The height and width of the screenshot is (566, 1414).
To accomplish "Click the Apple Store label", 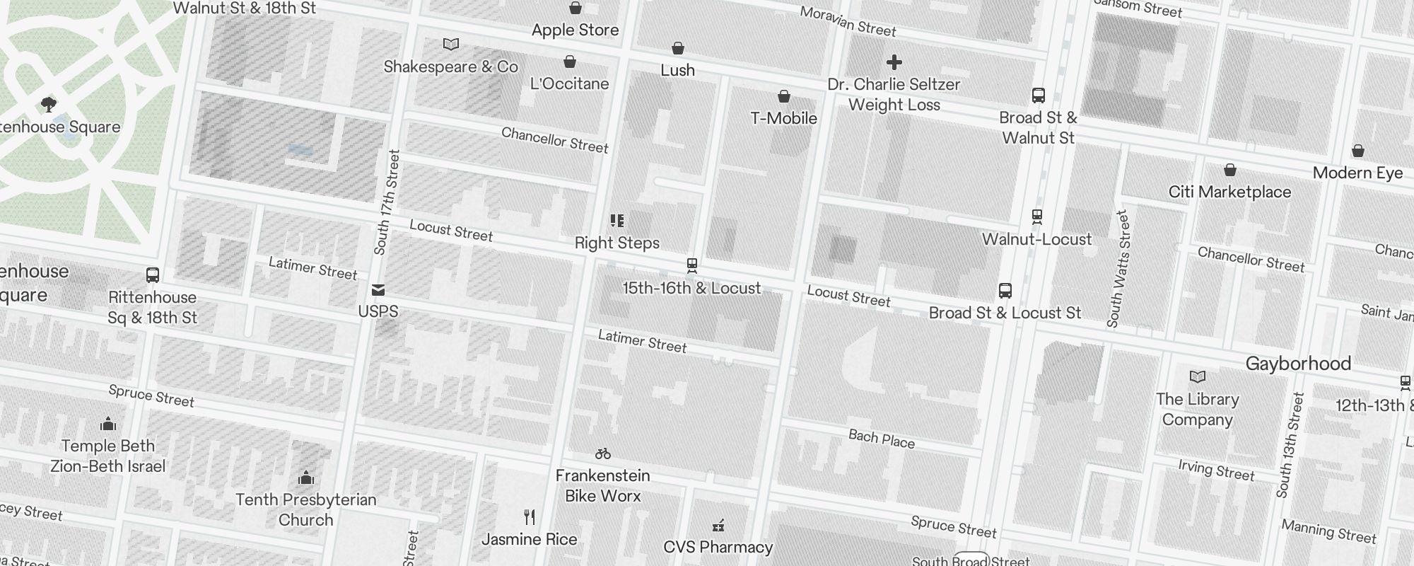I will (x=575, y=30).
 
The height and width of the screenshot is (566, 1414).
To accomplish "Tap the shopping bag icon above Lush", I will (x=677, y=48).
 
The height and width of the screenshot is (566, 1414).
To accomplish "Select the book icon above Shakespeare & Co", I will (x=450, y=45).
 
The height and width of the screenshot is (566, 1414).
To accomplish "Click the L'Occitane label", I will (x=569, y=83).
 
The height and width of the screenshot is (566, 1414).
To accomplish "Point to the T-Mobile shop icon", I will (x=783, y=96).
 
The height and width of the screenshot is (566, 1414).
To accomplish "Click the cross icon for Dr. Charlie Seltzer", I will (x=894, y=62).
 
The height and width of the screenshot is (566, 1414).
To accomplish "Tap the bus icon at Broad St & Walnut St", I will (x=1038, y=96).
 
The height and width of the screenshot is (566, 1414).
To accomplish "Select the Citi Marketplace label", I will (x=1229, y=192).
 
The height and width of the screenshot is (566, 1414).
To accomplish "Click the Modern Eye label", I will (x=1357, y=173).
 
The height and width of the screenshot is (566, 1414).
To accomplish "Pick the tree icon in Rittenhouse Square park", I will (x=49, y=105).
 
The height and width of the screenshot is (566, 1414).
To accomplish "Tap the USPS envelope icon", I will (x=378, y=289).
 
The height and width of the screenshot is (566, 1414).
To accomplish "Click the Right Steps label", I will (x=617, y=243).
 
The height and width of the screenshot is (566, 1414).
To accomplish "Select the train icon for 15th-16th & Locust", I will (x=691, y=266).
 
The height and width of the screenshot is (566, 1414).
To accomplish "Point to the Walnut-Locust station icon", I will (x=1036, y=216).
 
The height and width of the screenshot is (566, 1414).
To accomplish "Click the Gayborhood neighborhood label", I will (x=1298, y=364).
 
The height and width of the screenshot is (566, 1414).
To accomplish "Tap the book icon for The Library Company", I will (x=1197, y=376).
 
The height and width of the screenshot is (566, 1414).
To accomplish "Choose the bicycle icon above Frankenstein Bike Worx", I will (x=602, y=454).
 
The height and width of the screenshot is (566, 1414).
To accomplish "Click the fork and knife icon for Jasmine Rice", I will (x=529, y=517).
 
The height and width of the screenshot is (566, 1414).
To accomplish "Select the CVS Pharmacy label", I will (x=718, y=547).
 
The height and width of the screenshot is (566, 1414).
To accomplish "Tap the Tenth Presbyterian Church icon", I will (x=305, y=478).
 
